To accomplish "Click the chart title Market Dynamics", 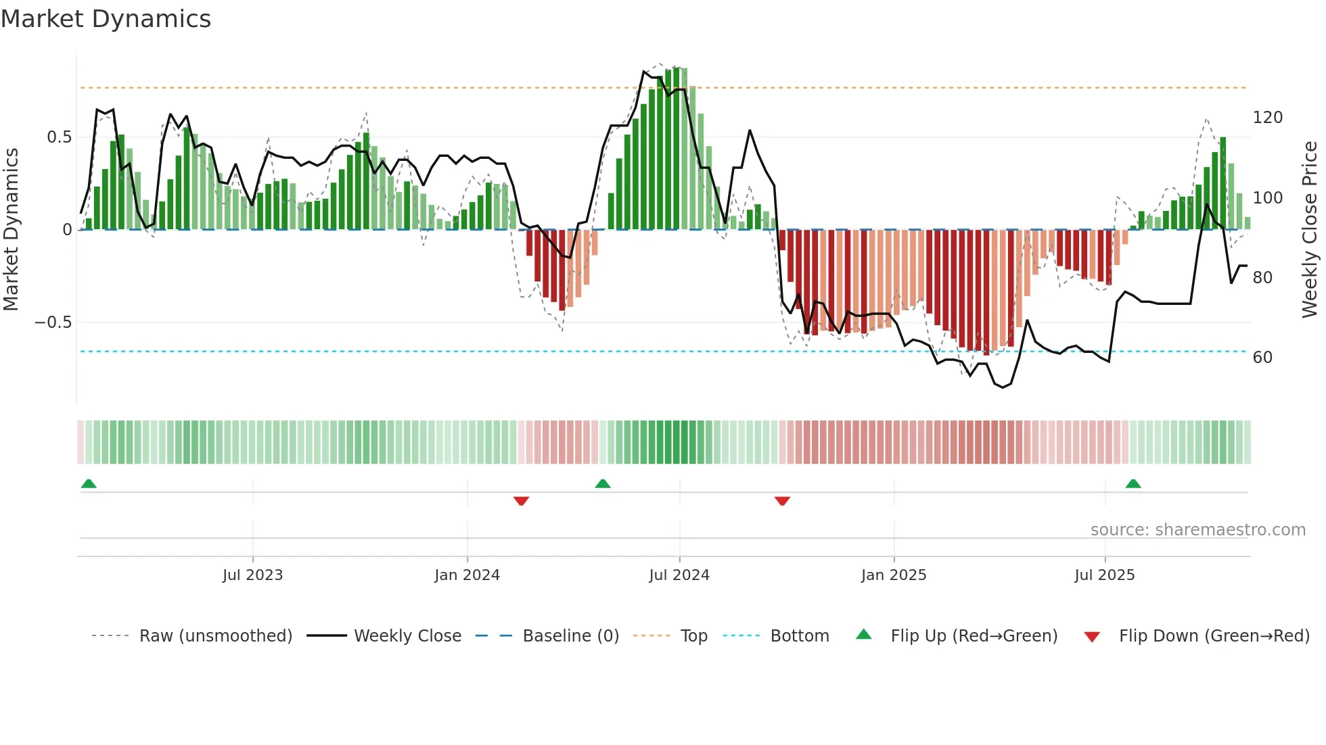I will pos(106,19).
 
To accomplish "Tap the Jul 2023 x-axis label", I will pos(252,575).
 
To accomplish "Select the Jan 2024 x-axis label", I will pos(467,575).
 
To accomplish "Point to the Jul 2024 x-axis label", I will pos(679,575).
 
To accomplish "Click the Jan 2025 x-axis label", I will pos(894,575).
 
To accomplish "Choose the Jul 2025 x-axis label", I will pos(1105,575).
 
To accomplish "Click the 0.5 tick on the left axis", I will pos(59,137).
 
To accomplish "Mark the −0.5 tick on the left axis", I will pos(53,322).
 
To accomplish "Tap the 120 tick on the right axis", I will pos(1267,118).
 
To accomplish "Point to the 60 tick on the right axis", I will pos(1262,358).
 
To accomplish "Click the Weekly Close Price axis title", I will pos(1310,230).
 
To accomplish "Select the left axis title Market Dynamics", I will pos(11,230).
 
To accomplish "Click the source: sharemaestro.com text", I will pos(1197,530).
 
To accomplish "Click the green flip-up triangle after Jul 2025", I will pos(1133,483).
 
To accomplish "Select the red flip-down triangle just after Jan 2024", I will pos(521,501).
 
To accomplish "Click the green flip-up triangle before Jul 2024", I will pos(603,483).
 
